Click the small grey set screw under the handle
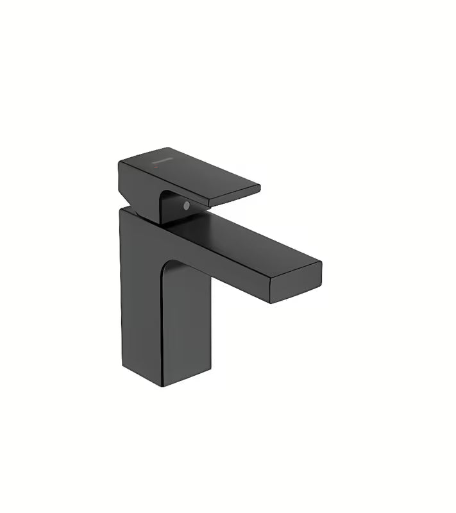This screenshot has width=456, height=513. [x=185, y=206]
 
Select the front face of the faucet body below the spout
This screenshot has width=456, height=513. [x=186, y=321]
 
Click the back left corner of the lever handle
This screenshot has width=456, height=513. [x=119, y=163]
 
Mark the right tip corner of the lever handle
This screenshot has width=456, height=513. [x=260, y=188]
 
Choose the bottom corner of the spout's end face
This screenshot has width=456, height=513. [x=272, y=303]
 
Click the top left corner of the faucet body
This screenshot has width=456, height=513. [x=121, y=211]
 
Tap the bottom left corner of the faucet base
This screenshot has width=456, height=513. [x=121, y=359]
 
